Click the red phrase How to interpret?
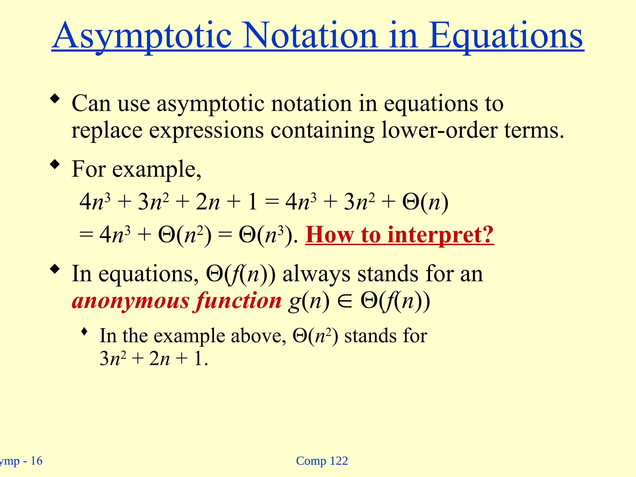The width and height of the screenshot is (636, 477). (x=399, y=235)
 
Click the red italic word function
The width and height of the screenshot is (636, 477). (x=238, y=301)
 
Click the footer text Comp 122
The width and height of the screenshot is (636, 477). (x=322, y=461)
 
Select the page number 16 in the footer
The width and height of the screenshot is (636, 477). (x=36, y=461)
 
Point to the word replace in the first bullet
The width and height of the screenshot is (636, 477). (x=107, y=130)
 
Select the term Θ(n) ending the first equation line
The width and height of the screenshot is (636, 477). (x=425, y=202)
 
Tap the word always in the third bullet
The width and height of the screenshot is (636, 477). (x=316, y=274)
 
